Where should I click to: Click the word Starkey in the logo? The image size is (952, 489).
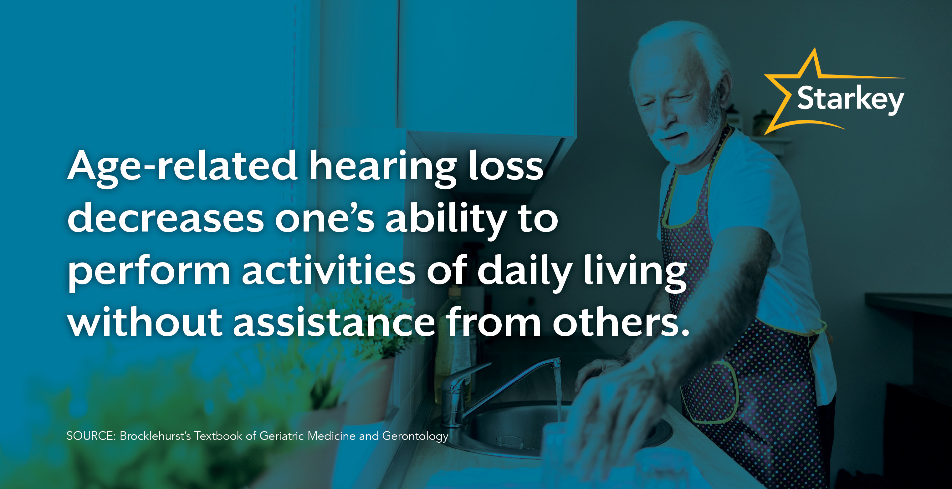(850, 99)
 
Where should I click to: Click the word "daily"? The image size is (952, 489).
(525, 272)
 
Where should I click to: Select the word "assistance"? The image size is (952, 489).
(334, 323)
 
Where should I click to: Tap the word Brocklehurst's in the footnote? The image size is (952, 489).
(155, 436)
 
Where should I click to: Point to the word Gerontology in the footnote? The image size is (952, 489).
(415, 436)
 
